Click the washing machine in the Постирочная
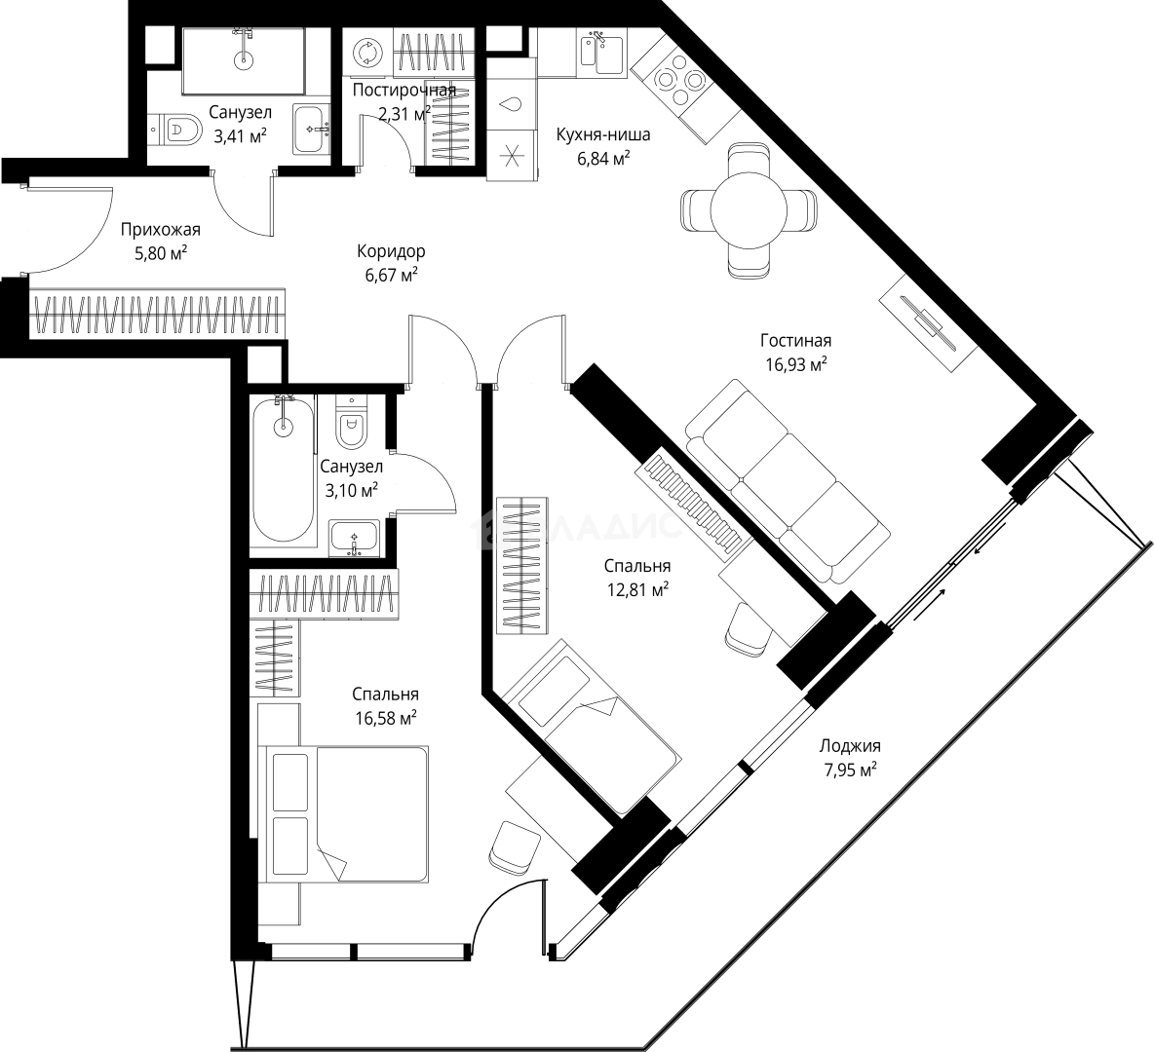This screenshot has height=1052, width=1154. pyautogui.click(x=366, y=53)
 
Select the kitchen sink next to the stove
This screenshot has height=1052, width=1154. pyautogui.click(x=603, y=52)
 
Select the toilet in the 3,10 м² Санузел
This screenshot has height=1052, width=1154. pyautogui.click(x=351, y=422)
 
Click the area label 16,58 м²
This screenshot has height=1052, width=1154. pyautogui.click(x=386, y=717)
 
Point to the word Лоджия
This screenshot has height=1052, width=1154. pyautogui.click(x=849, y=746)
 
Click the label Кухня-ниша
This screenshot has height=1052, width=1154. pyautogui.click(x=602, y=134)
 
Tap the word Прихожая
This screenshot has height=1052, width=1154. pyautogui.click(x=161, y=230)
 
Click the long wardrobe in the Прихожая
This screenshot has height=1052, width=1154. pyautogui.click(x=156, y=314)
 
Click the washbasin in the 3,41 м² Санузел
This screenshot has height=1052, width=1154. pyautogui.click(x=313, y=130)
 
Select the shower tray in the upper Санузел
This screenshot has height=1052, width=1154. pyautogui.click(x=242, y=61)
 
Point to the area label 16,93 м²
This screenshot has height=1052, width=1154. pyautogui.click(x=795, y=364)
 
